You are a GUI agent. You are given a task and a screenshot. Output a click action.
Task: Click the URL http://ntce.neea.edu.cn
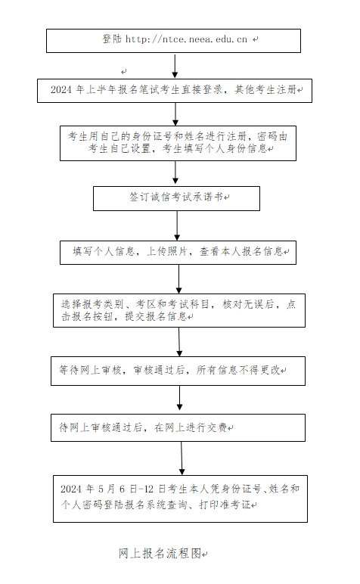click(186, 39)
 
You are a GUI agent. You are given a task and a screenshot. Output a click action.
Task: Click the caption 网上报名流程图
click(160, 553)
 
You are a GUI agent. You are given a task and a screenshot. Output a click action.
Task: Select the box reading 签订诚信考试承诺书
click(176, 198)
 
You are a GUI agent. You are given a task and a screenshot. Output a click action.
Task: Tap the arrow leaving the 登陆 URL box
click(175, 66)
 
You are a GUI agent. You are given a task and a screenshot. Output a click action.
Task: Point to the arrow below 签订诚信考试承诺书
click(177, 225)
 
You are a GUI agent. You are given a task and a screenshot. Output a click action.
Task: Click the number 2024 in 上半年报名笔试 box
click(61, 89)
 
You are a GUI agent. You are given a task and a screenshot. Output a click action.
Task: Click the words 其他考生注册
click(265, 89)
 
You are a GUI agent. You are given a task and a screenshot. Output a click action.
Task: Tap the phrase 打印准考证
click(225, 505)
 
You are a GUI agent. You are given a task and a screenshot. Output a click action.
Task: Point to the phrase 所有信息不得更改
click(238, 370)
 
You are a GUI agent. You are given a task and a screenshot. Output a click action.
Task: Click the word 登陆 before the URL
click(112, 39)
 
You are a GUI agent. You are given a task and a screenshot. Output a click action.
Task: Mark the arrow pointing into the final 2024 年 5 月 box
click(182, 458)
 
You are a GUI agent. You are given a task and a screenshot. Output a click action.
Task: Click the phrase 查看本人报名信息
click(241, 251)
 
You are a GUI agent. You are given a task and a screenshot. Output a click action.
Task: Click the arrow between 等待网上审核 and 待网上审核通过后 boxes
click(179, 398)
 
